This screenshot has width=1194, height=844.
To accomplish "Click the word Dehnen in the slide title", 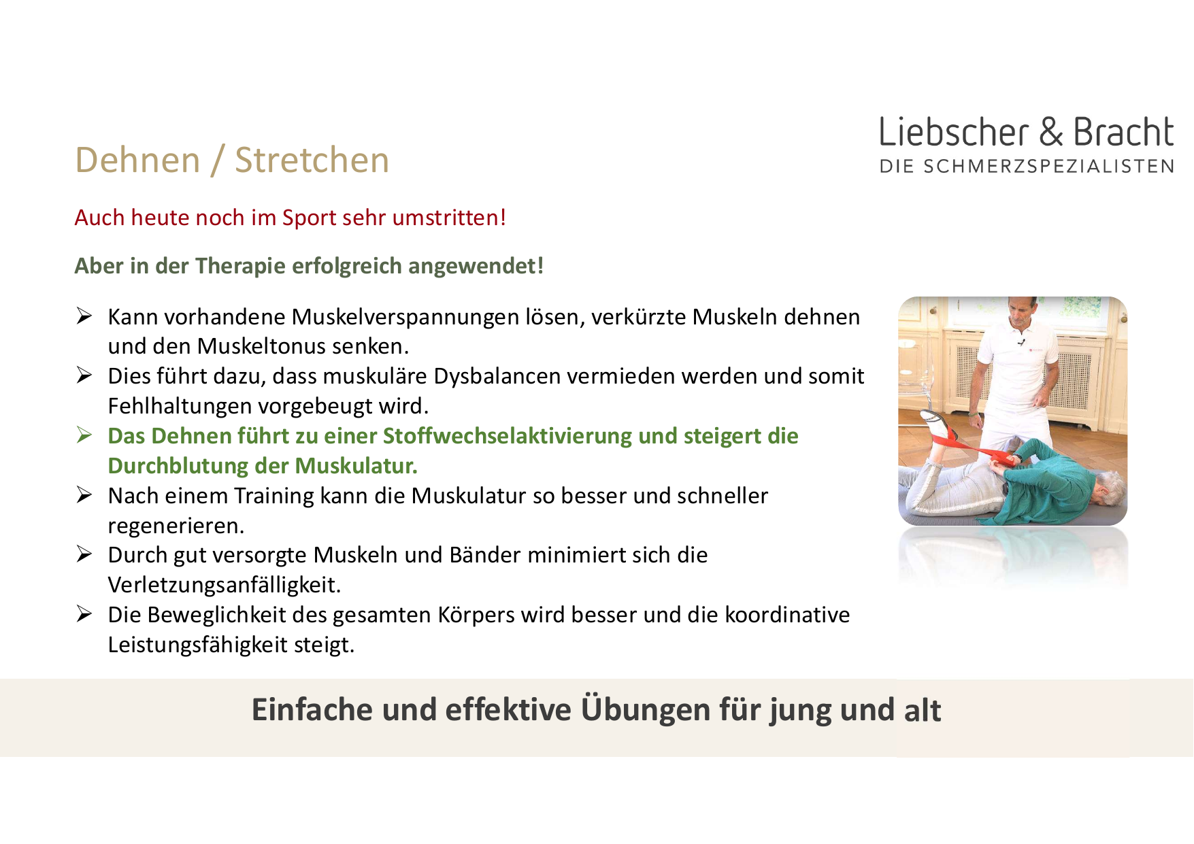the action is [138, 161].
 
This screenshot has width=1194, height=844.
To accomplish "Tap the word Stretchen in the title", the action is [312, 161].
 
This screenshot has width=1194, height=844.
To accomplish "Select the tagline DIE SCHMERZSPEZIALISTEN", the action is [1027, 167].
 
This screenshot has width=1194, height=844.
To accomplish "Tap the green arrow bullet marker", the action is [84, 435].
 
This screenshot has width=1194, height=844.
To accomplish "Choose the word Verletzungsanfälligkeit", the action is [224, 585].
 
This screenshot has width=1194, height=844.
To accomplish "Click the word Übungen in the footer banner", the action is [636, 709].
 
